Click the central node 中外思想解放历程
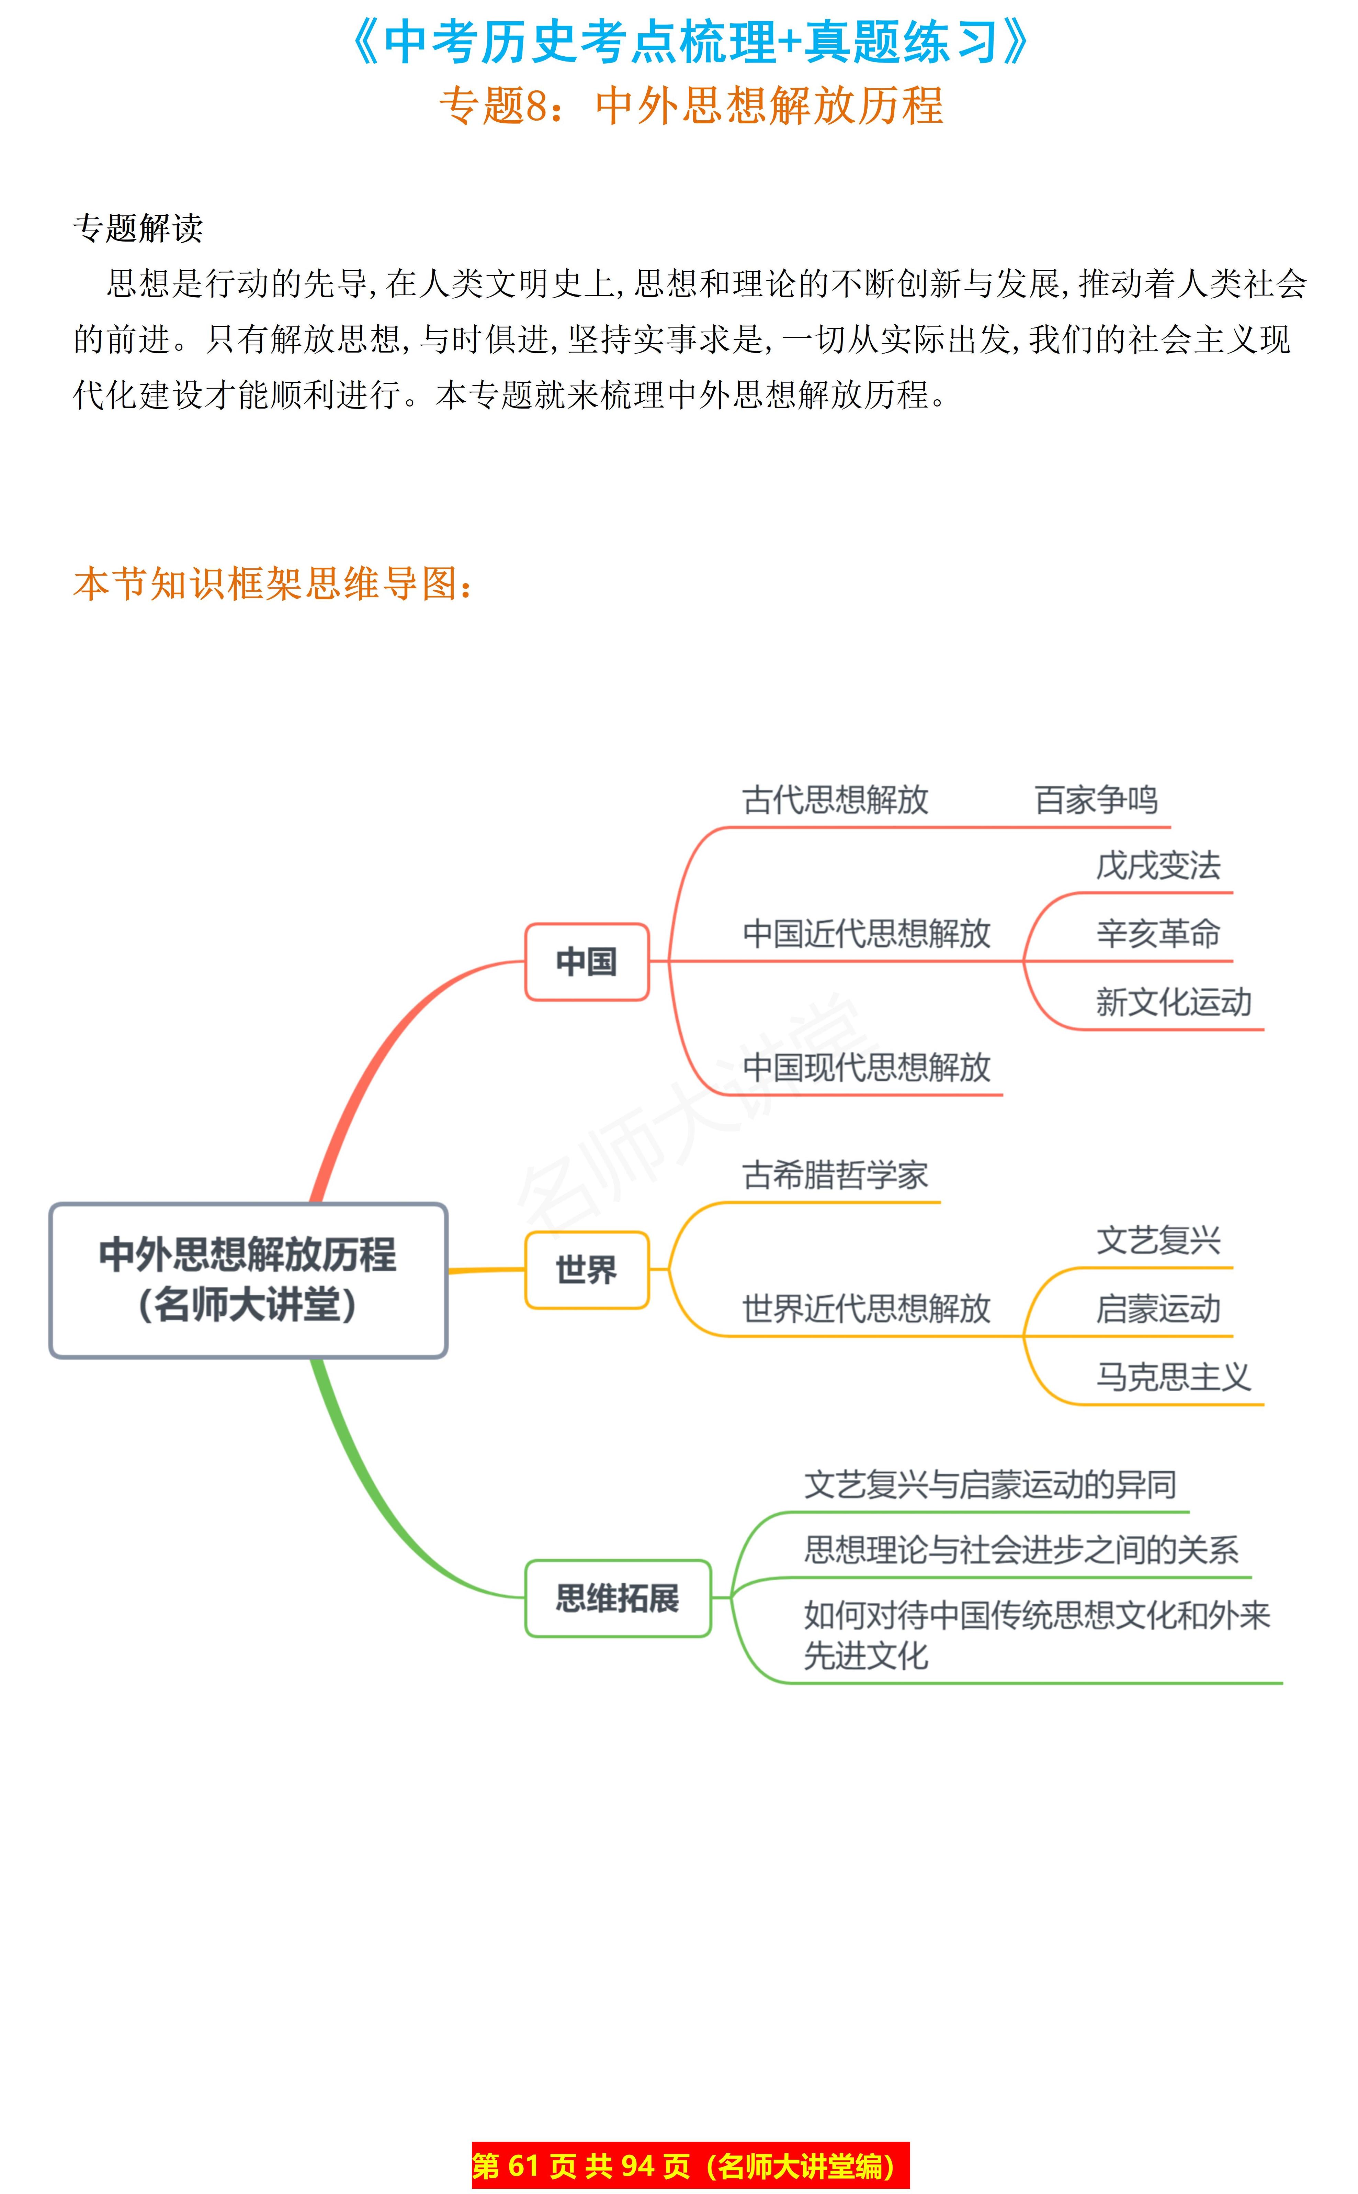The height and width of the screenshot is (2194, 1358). click(248, 1279)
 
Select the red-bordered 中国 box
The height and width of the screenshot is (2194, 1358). click(587, 961)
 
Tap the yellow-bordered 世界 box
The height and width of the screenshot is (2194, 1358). click(587, 1270)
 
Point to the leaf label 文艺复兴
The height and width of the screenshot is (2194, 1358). click(1158, 1241)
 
